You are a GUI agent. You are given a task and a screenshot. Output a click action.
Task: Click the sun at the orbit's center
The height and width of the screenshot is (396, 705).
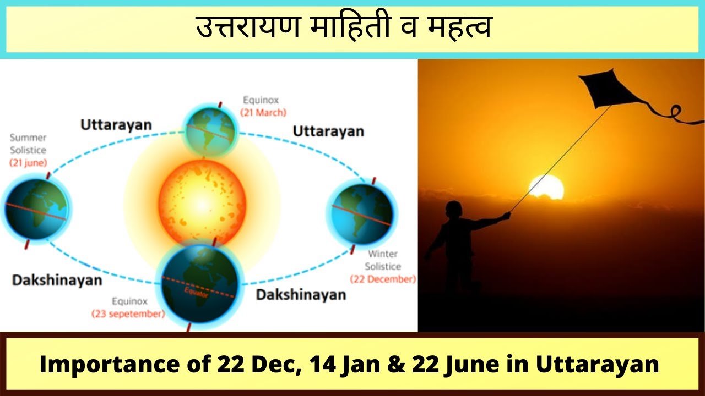coord(202,204)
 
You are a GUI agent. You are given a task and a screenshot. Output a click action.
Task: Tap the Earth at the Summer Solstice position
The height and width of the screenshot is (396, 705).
coord(36,208)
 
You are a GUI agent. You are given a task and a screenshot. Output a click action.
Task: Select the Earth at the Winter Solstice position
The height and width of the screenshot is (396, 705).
coord(362,214)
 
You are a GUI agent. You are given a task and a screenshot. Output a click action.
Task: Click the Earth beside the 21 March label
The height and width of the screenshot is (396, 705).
coord(210,131)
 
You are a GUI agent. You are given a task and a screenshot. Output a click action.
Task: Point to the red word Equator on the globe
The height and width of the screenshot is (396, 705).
coord(196,292)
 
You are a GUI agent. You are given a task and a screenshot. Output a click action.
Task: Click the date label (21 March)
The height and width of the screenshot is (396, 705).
coord(263,113)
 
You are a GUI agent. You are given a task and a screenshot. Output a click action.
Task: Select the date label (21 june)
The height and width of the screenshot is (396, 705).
coord(28,163)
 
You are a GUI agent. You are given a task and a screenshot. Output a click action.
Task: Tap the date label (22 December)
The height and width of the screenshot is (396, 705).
coord(383,279)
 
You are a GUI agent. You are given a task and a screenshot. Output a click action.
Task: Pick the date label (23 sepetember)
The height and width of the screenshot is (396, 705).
coord(128,314)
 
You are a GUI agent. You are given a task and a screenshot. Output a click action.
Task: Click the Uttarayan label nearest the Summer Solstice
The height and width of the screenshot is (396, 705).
coord(116,125)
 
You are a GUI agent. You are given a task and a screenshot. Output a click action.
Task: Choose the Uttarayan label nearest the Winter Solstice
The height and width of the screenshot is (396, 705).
coord(328,131)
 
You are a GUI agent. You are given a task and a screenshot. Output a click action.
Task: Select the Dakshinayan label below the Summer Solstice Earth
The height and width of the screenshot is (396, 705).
coord(57,280)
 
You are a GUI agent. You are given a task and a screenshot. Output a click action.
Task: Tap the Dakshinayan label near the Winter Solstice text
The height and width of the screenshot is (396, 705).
coord(301,295)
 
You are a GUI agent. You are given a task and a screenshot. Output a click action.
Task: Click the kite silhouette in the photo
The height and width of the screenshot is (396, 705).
coord(609,90)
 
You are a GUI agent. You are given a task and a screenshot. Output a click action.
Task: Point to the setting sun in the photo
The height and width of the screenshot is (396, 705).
coord(546,188)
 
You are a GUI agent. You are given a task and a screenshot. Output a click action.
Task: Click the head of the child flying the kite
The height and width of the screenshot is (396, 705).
coord(453,210)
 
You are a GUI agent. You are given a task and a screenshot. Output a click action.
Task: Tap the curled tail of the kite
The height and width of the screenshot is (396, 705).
coord(674,113)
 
